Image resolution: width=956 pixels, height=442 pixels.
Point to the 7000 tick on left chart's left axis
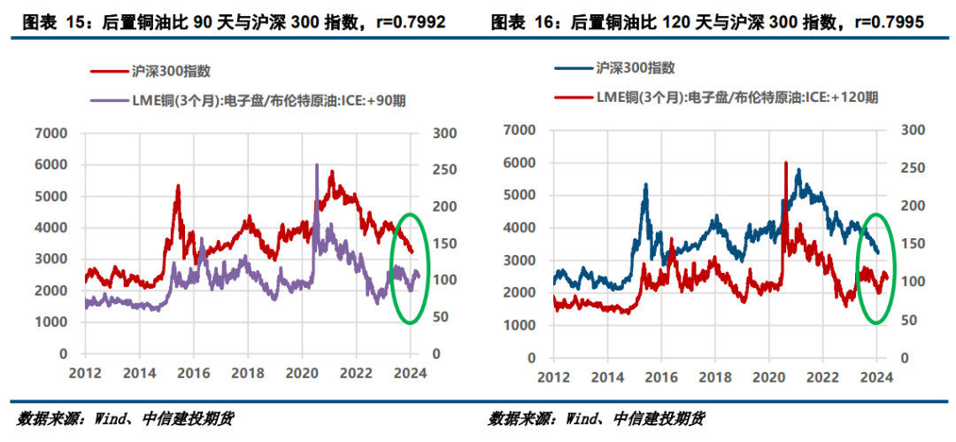click(x=52, y=133)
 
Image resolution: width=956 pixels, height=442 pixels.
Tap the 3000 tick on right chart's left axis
click(x=520, y=260)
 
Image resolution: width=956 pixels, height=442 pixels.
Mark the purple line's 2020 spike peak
click(x=317, y=165)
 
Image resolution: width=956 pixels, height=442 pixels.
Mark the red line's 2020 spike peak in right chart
click(x=785, y=162)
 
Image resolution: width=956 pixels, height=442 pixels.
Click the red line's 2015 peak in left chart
click(x=178, y=185)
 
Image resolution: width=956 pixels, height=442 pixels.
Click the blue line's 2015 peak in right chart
click(x=645, y=184)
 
